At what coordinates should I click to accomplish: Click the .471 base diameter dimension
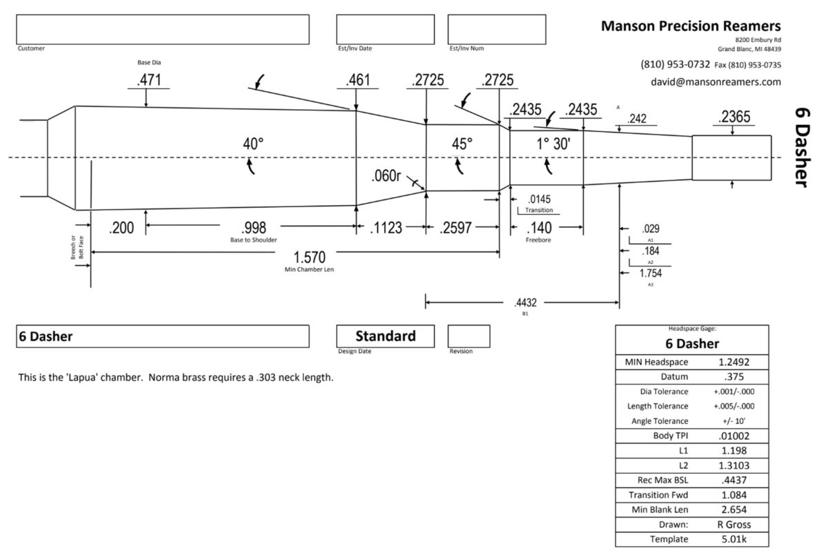pyautogui.click(x=149, y=80)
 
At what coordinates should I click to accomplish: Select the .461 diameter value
pyautogui.click(x=358, y=80)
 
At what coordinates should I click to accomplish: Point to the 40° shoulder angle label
pyautogui.click(x=253, y=144)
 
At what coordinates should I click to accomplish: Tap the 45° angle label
pyautogui.click(x=462, y=144)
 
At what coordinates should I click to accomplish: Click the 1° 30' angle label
pyautogui.click(x=553, y=144)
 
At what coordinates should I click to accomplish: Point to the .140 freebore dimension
pyautogui.click(x=539, y=227)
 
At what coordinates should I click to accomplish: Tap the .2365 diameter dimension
pyautogui.click(x=733, y=118)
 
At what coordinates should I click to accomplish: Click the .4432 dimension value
pyautogui.click(x=526, y=302)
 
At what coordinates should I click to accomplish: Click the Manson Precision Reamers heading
pyautogui.click(x=691, y=26)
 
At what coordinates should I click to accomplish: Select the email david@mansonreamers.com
pyautogui.click(x=716, y=81)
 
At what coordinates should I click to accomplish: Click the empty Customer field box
pyautogui.click(x=163, y=29)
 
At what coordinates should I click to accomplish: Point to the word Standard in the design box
pyautogui.click(x=385, y=336)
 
